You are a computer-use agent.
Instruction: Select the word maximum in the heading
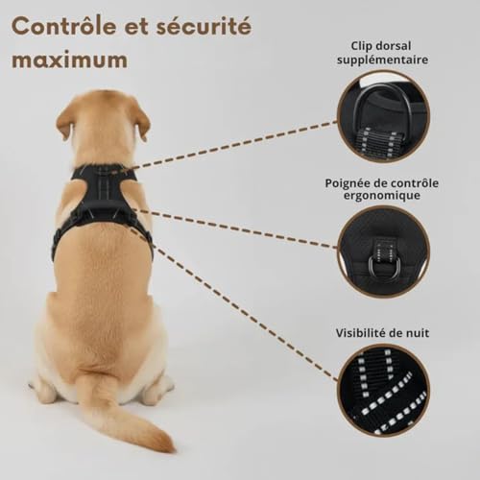(69, 60)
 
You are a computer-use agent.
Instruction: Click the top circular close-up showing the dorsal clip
(383, 115)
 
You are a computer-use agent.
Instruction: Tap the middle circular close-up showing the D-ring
(383, 252)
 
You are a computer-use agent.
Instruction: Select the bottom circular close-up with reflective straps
(383, 390)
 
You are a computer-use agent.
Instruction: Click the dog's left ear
(66, 120)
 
